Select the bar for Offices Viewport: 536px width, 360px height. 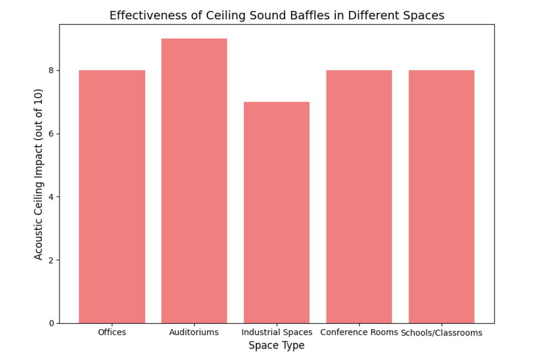pos(112,196)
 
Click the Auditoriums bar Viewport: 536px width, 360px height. pos(194,180)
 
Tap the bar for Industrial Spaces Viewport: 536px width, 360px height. pos(276,212)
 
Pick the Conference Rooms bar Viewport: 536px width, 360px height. pos(359,196)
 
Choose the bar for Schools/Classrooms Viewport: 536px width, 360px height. pos(441,196)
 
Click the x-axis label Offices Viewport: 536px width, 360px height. pos(112,332)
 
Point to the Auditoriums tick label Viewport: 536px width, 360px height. pos(194,332)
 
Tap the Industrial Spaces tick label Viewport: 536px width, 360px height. pos(277,332)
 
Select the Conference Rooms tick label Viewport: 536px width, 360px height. pos(359,332)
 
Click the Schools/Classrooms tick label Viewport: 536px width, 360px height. pos(441,333)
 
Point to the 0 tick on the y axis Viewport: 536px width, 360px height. pos(51,323)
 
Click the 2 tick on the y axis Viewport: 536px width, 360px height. pos(51,260)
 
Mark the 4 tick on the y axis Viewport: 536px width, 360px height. pos(51,197)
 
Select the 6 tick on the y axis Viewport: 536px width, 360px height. pos(51,134)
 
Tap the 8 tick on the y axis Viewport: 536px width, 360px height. pos(51,71)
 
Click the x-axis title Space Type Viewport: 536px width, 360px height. pos(276,346)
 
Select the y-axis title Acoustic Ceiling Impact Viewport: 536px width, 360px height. pos(39,174)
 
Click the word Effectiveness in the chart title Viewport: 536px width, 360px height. pos(142,15)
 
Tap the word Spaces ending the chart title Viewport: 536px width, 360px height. pos(425,15)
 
